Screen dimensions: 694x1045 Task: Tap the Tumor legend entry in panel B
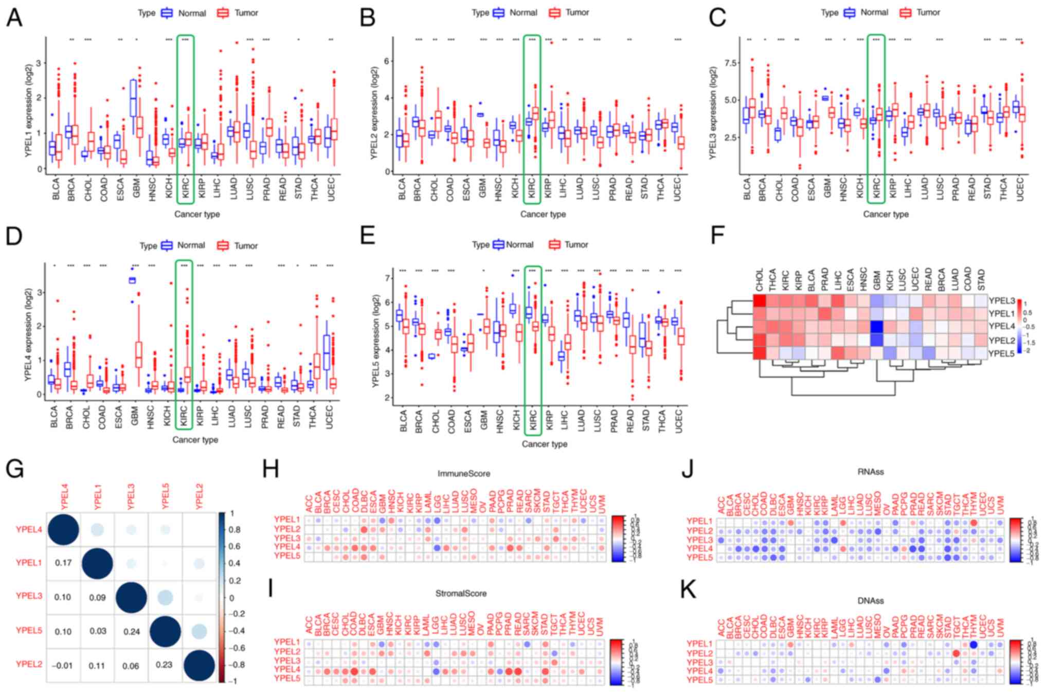click(x=569, y=12)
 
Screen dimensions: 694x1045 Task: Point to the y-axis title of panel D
click(x=28, y=334)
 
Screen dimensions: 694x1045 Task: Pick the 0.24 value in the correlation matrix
click(x=132, y=631)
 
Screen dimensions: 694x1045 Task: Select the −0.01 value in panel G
click(x=62, y=666)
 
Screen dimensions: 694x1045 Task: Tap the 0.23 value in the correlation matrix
click(x=165, y=664)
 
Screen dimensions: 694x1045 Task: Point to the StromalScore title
click(x=461, y=593)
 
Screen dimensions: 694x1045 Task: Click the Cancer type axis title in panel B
click(x=543, y=214)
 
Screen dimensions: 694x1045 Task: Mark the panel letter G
click(x=14, y=469)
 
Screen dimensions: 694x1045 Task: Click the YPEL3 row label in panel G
click(x=29, y=596)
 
